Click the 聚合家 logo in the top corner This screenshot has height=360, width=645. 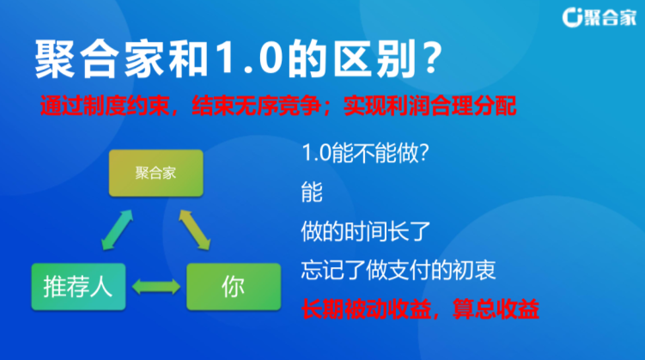[x=599, y=18]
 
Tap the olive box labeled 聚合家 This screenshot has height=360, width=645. [x=156, y=173]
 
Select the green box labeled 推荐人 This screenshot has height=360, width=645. [x=78, y=287]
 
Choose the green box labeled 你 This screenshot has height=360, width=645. [x=234, y=287]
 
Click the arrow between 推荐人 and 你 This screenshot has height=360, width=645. [x=156, y=287]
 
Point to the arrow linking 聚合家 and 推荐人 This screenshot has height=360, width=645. [x=118, y=230]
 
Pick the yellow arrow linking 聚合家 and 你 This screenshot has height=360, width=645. [x=195, y=230]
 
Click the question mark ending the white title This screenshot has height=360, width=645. [x=432, y=58]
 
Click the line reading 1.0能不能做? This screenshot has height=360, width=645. [x=365, y=153]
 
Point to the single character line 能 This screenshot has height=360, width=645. [x=312, y=192]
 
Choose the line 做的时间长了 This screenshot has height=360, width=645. [x=365, y=231]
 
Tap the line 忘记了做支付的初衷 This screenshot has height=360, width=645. [x=399, y=270]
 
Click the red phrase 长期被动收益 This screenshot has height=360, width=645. [x=366, y=309]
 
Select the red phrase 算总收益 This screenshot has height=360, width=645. [x=496, y=309]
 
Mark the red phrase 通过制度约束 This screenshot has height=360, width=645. [x=105, y=106]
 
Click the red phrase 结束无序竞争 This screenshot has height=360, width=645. [x=257, y=106]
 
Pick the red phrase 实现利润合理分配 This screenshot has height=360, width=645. [x=430, y=106]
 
